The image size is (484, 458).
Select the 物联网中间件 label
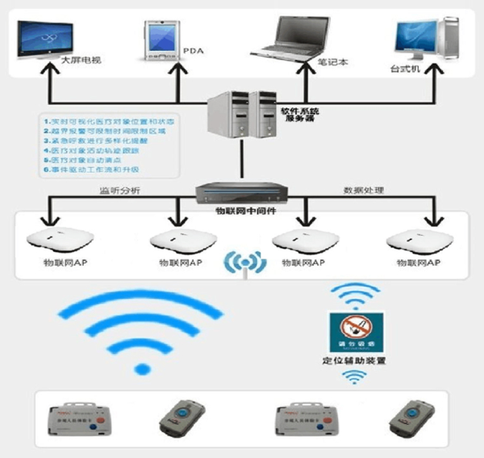(x=240, y=208)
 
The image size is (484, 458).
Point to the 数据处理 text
(x=363, y=191)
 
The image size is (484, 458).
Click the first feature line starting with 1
(x=106, y=120)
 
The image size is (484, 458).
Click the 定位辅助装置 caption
(x=354, y=361)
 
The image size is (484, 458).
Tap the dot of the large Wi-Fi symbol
(x=142, y=370)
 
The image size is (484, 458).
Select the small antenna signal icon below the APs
(x=244, y=263)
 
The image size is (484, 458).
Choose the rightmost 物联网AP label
(x=413, y=263)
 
